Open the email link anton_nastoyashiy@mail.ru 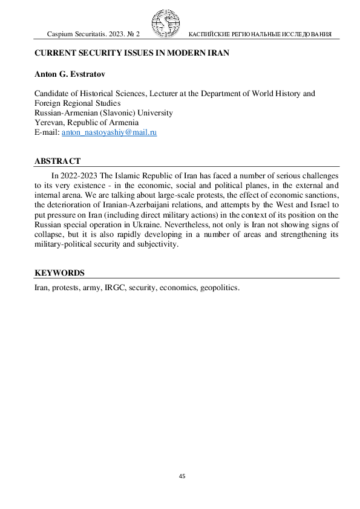109,132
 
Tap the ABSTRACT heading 57,161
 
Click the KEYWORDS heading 59,273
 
